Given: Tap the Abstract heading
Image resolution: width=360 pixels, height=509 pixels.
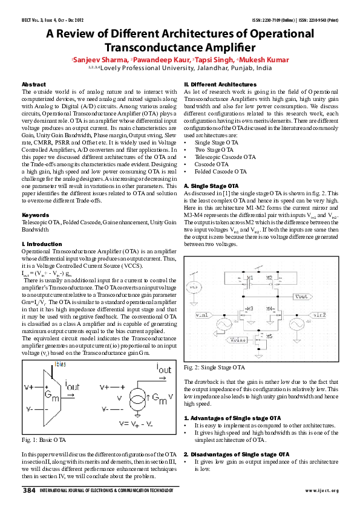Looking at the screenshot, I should (33, 83).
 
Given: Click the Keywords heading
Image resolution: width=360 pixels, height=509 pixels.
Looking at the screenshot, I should (35, 215).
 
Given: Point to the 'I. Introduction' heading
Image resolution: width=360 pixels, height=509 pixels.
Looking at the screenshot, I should (43, 242).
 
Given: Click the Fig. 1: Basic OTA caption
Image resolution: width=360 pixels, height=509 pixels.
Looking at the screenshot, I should (43, 439).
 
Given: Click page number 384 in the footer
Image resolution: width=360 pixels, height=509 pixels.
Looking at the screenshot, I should (29, 490).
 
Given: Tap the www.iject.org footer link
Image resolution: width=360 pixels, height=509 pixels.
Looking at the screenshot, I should (321, 490).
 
